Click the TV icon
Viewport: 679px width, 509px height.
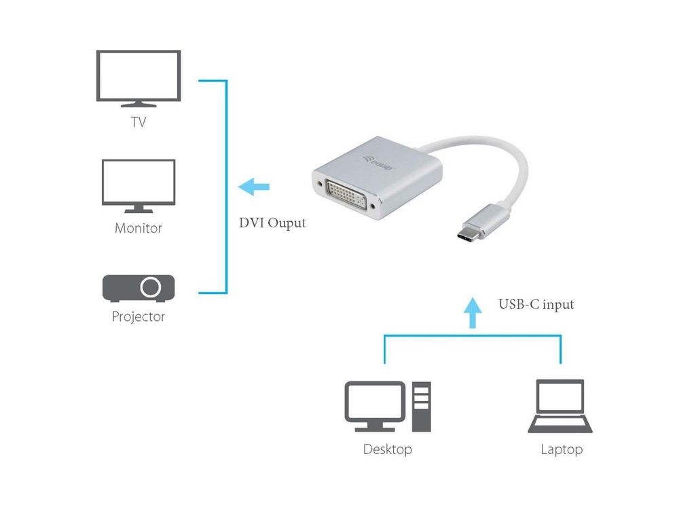139,77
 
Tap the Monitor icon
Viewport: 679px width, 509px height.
139,185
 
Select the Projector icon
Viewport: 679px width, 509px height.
139,288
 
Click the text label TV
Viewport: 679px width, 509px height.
139,123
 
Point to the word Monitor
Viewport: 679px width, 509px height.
139,228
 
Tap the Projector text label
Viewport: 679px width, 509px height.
139,316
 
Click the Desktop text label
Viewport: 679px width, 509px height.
387,449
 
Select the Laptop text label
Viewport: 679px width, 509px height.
562,449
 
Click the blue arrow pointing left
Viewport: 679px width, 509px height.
255,186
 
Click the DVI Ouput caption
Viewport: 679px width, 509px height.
272,223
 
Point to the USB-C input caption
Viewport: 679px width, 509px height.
536,304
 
